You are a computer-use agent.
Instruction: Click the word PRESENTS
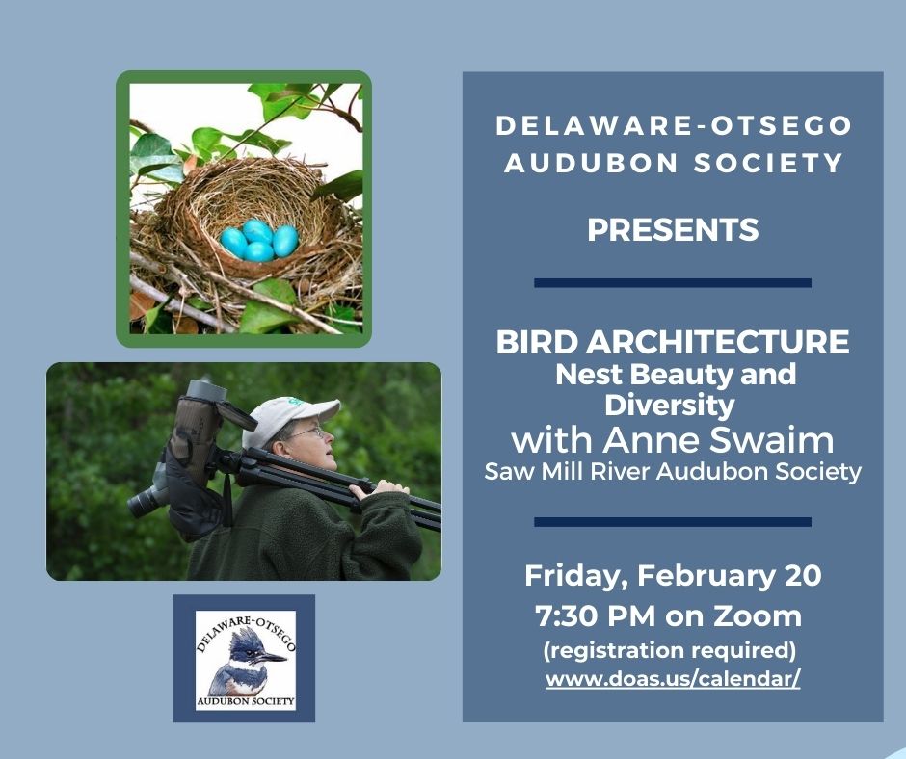673,231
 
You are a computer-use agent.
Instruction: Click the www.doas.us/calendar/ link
673,678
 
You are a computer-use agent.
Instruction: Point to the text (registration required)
669,648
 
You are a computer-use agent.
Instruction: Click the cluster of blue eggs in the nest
258,240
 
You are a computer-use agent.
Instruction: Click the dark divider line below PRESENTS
673,283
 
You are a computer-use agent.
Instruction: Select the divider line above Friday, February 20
673,522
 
